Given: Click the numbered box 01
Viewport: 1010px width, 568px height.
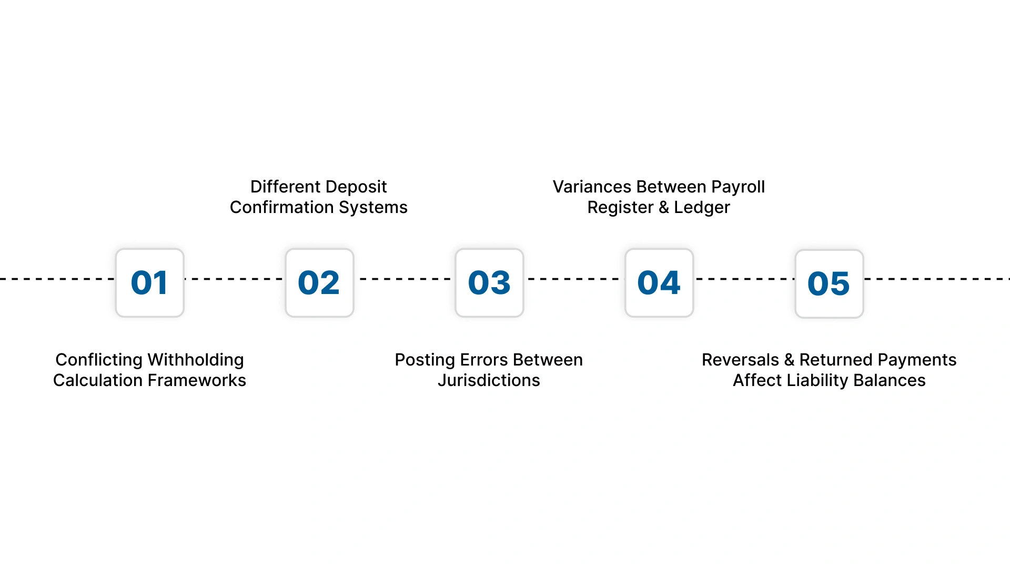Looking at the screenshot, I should [x=150, y=283].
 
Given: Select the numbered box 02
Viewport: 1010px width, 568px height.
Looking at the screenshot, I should [x=319, y=283].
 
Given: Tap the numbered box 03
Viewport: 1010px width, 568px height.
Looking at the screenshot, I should [x=489, y=283].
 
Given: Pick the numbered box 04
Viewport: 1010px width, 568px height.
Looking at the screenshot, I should [x=659, y=283].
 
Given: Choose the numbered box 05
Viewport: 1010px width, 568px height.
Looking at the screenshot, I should [x=829, y=284].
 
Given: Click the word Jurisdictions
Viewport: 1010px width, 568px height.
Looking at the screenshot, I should [x=489, y=380].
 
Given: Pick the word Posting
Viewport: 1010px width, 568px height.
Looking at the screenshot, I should [x=425, y=360].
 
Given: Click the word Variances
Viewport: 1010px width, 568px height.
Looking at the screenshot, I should [x=592, y=187].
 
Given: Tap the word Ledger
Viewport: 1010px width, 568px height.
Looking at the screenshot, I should [x=702, y=208].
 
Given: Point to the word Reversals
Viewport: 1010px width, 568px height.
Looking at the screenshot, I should [x=740, y=360].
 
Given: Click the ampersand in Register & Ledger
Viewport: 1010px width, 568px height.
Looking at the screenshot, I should [x=664, y=207].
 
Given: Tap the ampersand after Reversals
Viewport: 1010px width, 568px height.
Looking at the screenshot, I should [x=789, y=360].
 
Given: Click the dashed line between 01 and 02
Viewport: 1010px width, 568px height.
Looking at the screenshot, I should [x=235, y=279].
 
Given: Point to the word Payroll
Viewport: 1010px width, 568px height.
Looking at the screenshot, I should [x=738, y=187].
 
